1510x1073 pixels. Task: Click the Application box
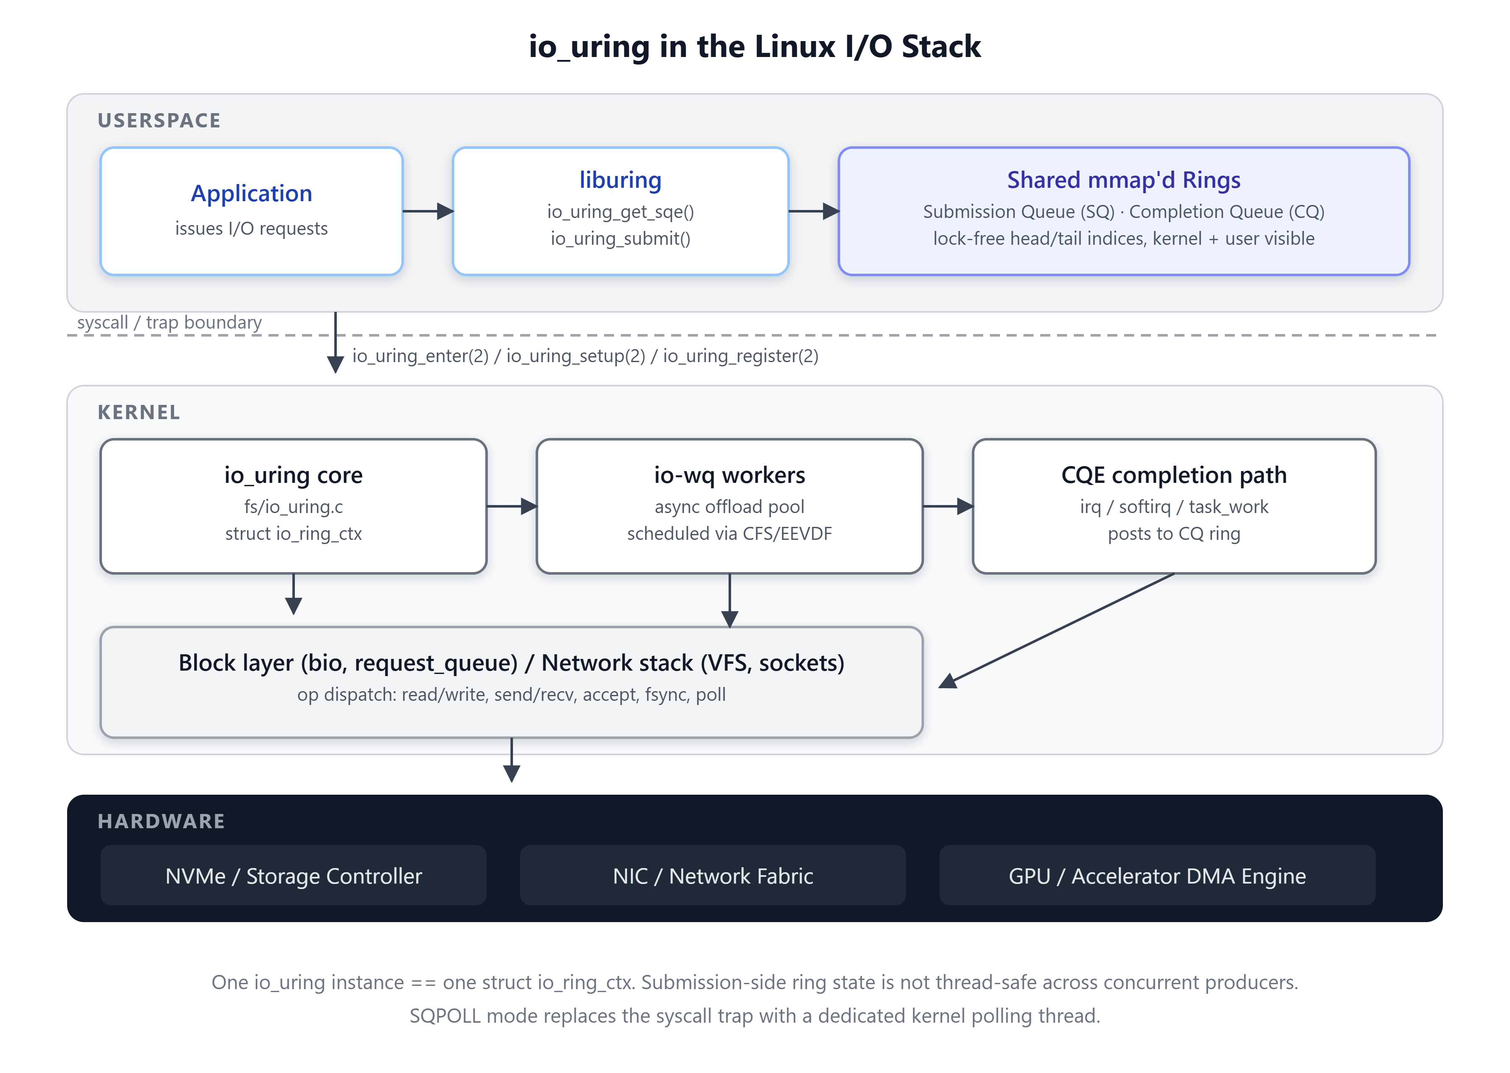(251, 211)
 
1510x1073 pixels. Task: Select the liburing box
(620, 211)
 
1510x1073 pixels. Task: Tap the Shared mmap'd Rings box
(1123, 211)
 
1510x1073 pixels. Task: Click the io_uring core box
(294, 506)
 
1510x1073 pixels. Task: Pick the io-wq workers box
(729, 506)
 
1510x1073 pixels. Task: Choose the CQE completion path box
(1174, 506)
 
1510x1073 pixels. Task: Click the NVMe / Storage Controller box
(294, 876)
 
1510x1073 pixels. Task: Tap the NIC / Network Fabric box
(713, 876)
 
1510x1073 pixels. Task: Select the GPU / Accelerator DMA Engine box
(1157, 876)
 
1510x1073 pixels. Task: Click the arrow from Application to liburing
(428, 211)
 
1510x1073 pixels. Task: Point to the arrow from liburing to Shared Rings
(814, 211)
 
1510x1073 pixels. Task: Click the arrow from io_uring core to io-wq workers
(512, 506)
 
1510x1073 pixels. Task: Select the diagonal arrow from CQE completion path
(1057, 630)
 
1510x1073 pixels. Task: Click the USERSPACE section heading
(159, 120)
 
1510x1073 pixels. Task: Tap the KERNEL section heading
(139, 412)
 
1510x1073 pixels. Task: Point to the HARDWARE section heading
(161, 821)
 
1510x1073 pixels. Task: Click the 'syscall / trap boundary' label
(169, 322)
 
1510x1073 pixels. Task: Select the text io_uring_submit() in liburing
(620, 238)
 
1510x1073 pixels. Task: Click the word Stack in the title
(941, 46)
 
